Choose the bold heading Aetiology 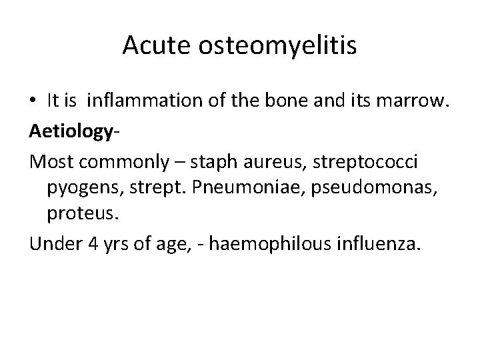[67, 131]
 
